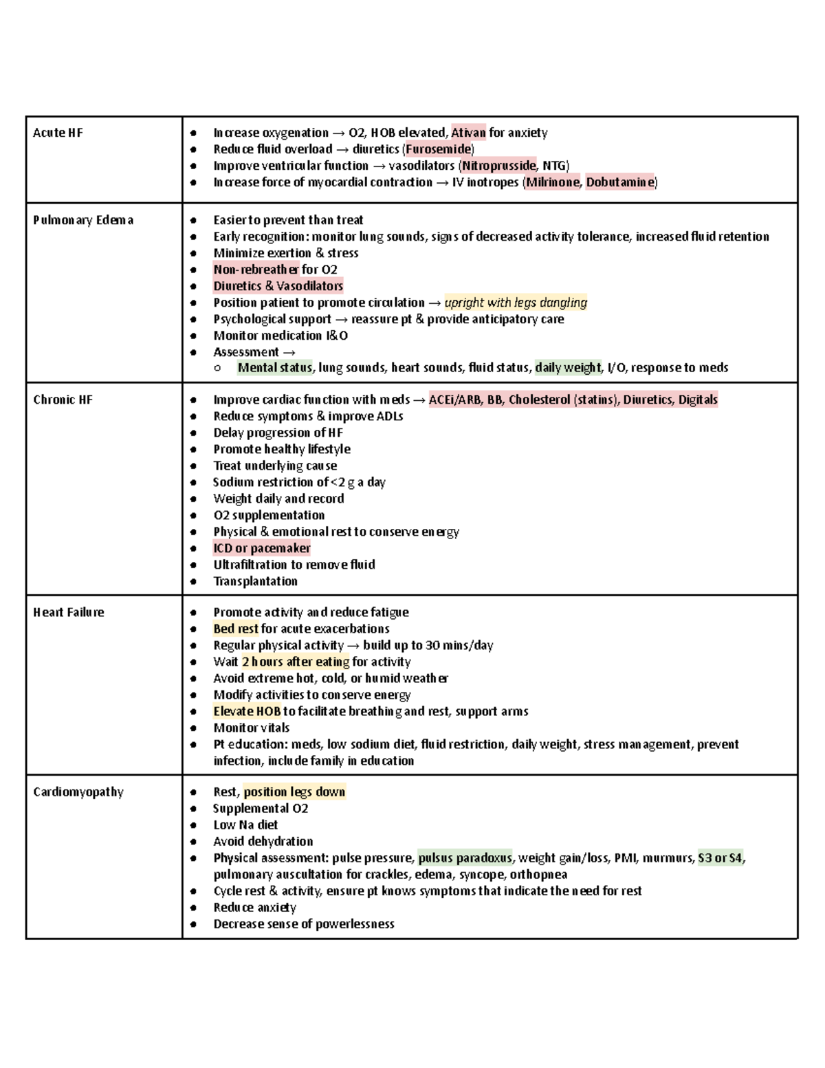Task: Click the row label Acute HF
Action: tap(58, 133)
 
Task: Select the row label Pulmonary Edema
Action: tap(83, 220)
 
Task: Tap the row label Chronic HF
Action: tap(63, 400)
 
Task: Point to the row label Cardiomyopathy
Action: tap(78, 792)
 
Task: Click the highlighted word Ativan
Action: tap(468, 133)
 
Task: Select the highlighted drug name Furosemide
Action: tap(439, 149)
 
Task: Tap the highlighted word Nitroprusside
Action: tap(498, 166)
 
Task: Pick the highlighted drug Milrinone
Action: tap(553, 182)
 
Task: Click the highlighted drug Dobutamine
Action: tap(619, 182)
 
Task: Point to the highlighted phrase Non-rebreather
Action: tap(256, 270)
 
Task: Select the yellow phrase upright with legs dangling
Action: tap(516, 303)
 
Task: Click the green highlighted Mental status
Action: tap(274, 368)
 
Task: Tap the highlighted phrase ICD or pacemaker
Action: tap(261, 548)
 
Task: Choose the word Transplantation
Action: tap(255, 581)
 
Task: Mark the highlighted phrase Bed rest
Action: tap(236, 629)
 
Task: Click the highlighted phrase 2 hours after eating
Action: tap(295, 662)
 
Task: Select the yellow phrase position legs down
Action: tap(294, 792)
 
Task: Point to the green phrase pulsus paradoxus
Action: tap(465, 858)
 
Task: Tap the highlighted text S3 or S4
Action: tap(720, 858)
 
